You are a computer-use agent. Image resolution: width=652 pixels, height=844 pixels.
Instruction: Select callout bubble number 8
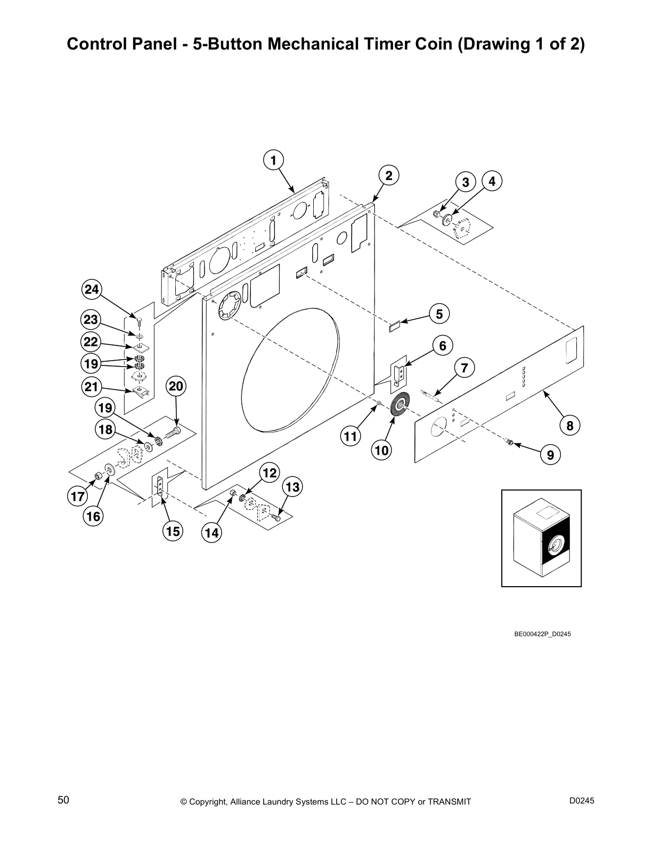coord(569,426)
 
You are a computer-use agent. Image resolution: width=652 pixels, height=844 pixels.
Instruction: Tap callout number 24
coord(92,289)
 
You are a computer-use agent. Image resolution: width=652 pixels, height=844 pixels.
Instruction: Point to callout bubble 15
coord(173,531)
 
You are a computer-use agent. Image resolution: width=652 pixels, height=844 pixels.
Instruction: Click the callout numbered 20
coord(176,386)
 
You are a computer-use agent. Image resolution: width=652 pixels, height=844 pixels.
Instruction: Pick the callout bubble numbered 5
coord(439,314)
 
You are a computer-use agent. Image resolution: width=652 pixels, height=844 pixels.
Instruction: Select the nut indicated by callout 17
coord(99,475)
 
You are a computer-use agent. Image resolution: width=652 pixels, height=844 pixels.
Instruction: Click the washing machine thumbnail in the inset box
coord(541,539)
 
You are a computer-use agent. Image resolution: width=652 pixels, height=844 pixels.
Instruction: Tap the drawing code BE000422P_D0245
coord(542,634)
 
